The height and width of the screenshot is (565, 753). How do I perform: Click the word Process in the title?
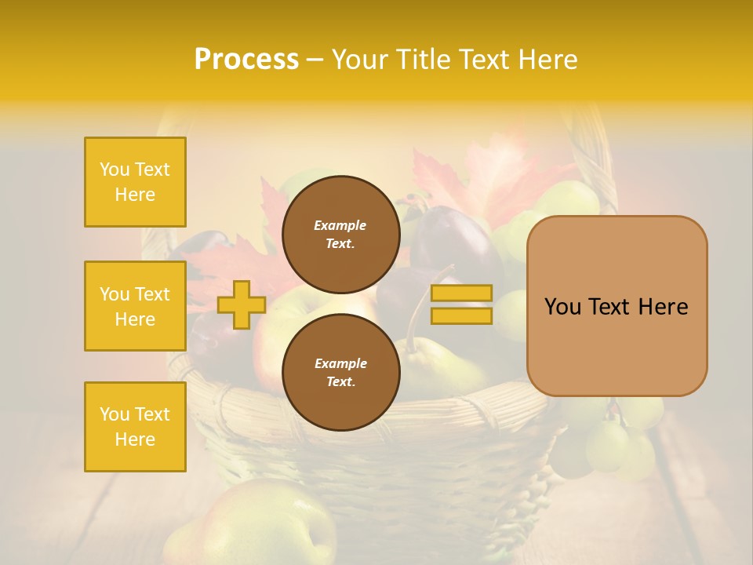[x=246, y=60]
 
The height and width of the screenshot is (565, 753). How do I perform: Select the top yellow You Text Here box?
[x=135, y=182]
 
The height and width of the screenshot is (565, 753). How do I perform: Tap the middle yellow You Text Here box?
[x=135, y=306]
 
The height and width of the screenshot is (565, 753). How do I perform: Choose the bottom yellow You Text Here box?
[x=135, y=427]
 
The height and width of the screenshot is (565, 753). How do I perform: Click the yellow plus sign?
[x=241, y=304]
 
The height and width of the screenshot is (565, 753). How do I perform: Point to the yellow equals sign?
[x=461, y=304]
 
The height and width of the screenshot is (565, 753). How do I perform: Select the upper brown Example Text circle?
[x=340, y=234]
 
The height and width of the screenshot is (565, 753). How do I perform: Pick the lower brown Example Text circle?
[x=340, y=372]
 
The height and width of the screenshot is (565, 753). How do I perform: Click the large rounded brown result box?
[x=617, y=306]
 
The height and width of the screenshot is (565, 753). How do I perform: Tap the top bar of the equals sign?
[x=461, y=293]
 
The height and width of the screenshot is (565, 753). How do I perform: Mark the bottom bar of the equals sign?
[x=461, y=315]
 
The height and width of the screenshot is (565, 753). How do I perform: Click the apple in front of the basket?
[x=267, y=522]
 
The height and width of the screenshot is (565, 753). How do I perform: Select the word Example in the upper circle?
[x=340, y=225]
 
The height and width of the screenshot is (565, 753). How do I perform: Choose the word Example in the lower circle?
[x=340, y=363]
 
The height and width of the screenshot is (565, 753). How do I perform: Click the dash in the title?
[x=315, y=60]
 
